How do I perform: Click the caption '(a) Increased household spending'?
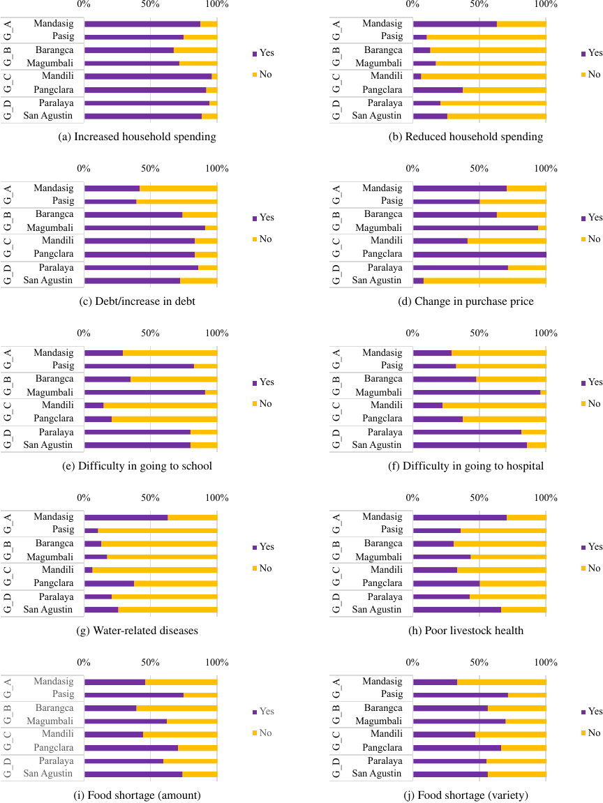point(138,137)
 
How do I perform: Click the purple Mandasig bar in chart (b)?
point(454,24)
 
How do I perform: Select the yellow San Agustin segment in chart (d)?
point(484,280)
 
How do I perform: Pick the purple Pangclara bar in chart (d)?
point(479,254)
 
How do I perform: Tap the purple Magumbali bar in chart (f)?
point(477,393)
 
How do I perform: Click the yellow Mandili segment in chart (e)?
point(160,405)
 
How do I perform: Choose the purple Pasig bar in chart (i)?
point(133,695)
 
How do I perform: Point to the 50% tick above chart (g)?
point(150,497)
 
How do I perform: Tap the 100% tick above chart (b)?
point(546,4)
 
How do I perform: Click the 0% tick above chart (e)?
point(84,333)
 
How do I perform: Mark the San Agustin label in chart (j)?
point(378,774)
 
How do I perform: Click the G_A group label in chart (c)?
point(7,195)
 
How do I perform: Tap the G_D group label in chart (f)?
point(336,439)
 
